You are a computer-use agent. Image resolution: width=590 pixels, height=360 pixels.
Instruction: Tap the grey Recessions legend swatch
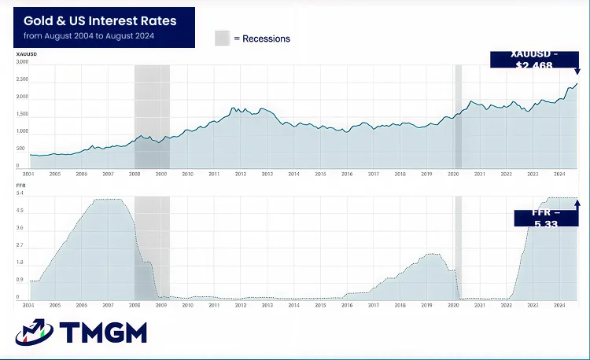223,39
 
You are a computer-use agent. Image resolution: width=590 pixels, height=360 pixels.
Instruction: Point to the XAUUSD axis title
27,53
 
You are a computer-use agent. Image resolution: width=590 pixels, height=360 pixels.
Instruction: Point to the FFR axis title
21,186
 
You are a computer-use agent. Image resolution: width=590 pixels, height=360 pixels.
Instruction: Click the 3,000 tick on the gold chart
22,61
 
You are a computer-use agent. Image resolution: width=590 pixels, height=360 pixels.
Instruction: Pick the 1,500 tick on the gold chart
22,114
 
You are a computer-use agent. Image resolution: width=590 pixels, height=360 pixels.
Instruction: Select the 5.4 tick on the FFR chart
20,193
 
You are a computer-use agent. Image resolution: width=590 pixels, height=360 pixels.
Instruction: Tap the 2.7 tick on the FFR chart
20,245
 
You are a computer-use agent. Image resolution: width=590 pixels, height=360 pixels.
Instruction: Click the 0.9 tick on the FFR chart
20,280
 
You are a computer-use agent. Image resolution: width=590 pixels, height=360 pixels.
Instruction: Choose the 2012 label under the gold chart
241,173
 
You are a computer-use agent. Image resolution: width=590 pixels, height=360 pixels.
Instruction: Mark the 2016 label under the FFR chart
347,304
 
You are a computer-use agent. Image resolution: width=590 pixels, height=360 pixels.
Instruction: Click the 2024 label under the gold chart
559,173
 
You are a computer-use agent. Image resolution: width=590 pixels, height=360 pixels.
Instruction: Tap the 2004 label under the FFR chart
28,304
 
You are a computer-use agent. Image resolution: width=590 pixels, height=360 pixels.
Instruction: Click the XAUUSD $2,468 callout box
533,59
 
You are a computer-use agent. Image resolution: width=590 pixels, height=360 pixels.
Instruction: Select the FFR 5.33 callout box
546,218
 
